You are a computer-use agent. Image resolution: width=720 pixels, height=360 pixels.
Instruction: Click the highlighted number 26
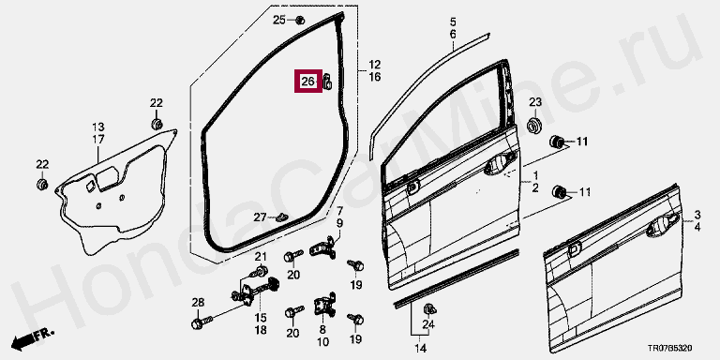(x=307, y=82)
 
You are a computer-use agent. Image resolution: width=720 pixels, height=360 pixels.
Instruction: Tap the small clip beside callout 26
(x=328, y=82)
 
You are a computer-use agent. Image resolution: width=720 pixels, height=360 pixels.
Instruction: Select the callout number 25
(x=279, y=20)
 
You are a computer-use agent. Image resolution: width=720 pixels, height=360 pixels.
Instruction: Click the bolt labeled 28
(x=202, y=322)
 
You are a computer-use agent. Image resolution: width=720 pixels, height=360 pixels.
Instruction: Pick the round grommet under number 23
(x=534, y=126)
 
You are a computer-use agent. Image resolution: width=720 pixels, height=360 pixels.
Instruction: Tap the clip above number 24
(x=429, y=308)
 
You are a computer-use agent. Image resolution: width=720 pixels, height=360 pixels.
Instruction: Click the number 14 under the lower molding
(x=419, y=347)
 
